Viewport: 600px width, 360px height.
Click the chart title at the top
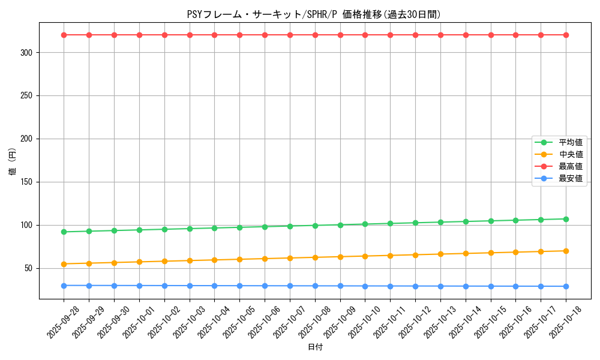pyautogui.click(x=314, y=14)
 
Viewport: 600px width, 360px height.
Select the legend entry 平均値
pyautogui.click(x=570, y=142)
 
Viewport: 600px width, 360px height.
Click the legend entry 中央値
pyautogui.click(x=570, y=154)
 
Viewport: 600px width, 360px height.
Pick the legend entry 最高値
pyautogui.click(x=570, y=166)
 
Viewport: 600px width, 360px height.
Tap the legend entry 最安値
pyautogui.click(x=570, y=178)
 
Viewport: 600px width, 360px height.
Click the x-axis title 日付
pyautogui.click(x=315, y=347)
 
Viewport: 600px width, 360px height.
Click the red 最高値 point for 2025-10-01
pyautogui.click(x=139, y=35)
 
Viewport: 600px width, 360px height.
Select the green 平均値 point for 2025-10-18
pyautogui.click(x=566, y=219)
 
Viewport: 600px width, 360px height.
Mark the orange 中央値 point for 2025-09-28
pyautogui.click(x=64, y=264)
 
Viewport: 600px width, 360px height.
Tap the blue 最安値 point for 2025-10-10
pyautogui.click(x=365, y=286)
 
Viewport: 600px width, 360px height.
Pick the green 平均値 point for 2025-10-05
pyautogui.click(x=239, y=227)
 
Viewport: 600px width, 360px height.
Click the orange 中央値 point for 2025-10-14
pyautogui.click(x=466, y=253)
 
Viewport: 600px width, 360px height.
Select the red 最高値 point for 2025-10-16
pyautogui.click(x=515, y=35)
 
